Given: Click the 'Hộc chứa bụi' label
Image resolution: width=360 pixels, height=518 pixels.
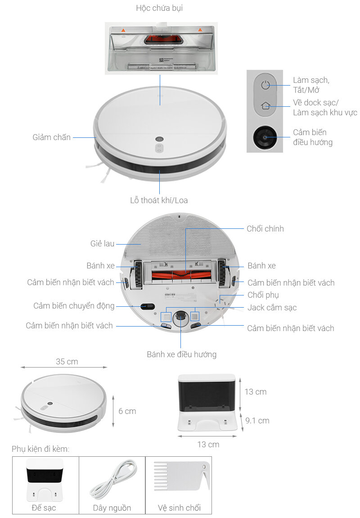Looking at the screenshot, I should [x=159, y=8].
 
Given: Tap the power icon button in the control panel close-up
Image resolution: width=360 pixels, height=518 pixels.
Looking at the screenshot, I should [x=265, y=85].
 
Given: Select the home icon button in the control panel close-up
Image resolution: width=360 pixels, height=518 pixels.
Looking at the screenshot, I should [x=265, y=106].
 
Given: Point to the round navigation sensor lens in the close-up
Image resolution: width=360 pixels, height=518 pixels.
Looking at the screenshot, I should [x=265, y=137].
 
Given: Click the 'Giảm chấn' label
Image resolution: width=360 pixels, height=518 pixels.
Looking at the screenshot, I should [x=51, y=137].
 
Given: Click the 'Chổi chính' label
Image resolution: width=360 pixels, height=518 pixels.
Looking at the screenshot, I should [x=265, y=229].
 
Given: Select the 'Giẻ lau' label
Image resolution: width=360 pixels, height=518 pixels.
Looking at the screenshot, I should [x=102, y=244].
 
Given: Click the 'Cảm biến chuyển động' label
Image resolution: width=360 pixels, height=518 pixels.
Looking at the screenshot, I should [x=74, y=306].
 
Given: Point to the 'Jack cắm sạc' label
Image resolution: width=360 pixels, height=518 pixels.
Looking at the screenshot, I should [x=272, y=308].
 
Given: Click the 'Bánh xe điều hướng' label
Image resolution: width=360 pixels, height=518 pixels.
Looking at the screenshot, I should [x=181, y=354].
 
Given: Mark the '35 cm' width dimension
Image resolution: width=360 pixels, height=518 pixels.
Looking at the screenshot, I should [x=67, y=361].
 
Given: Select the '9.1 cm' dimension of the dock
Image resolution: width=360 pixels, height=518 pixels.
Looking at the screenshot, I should [x=257, y=421].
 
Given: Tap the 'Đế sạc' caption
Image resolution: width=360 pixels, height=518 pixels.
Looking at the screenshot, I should [x=44, y=508].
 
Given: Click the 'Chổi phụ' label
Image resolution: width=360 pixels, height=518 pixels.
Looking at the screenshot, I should [x=263, y=295].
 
